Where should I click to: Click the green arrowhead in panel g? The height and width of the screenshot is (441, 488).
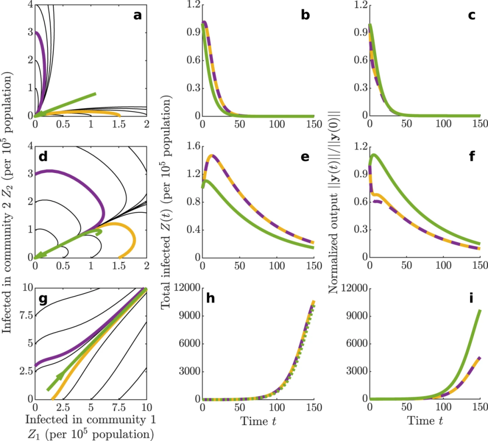tap(58, 377)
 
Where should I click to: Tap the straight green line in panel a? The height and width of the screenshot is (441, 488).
tap(68, 104)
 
